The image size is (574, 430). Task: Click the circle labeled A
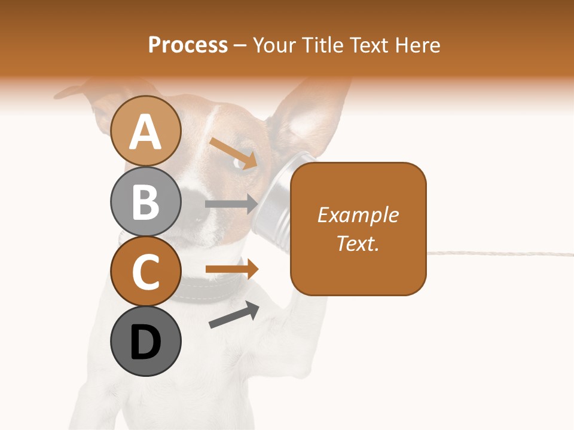pyautogui.click(x=145, y=131)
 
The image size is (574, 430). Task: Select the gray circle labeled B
pyautogui.click(x=145, y=202)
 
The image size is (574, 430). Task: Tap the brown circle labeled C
pyautogui.click(x=145, y=271)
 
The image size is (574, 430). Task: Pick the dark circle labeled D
pyautogui.click(x=145, y=341)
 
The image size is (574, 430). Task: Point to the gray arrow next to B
pyautogui.click(x=231, y=204)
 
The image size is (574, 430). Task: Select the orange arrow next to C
pyautogui.click(x=232, y=269)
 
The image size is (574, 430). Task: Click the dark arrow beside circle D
pyautogui.click(x=234, y=315)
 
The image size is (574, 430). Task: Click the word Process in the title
pyautogui.click(x=188, y=45)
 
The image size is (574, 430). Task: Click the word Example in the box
pyautogui.click(x=358, y=215)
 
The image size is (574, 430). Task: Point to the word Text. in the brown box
pyautogui.click(x=358, y=243)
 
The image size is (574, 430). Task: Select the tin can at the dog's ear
pyautogui.click(x=273, y=197)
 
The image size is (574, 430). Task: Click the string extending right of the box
pyautogui.click(x=496, y=253)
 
